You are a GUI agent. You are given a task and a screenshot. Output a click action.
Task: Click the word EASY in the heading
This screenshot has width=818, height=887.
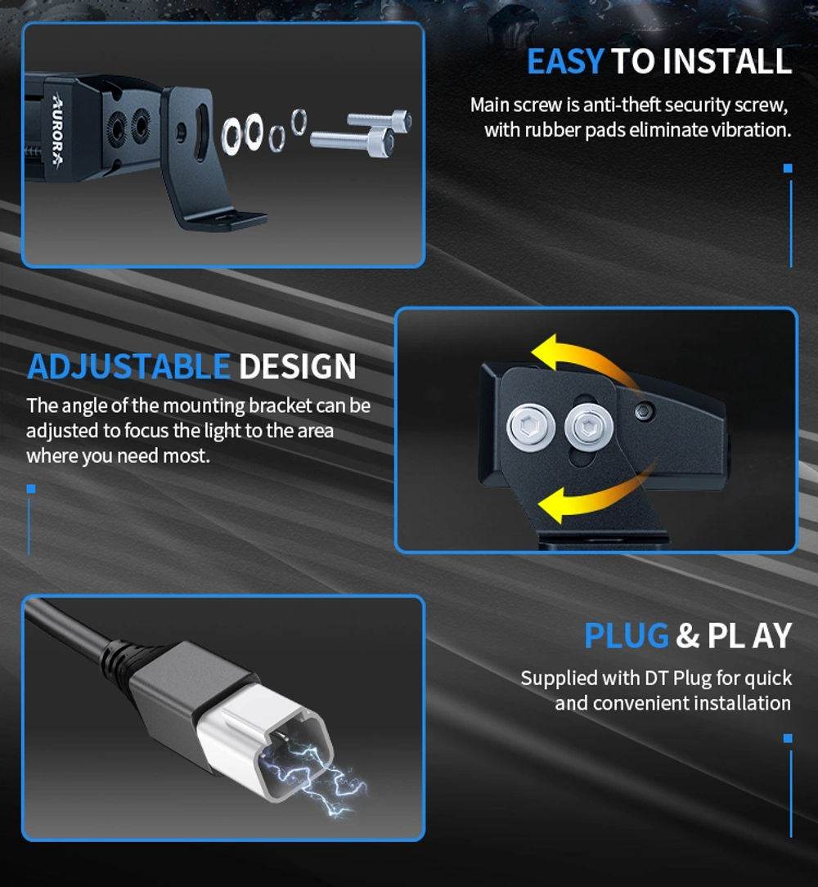click(x=565, y=62)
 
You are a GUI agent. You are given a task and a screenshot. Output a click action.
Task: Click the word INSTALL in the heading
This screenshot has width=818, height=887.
click(x=727, y=62)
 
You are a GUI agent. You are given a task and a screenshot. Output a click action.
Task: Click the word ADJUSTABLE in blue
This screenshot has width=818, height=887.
click(x=128, y=367)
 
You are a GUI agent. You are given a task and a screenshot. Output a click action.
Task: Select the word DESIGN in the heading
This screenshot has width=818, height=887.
click(x=298, y=367)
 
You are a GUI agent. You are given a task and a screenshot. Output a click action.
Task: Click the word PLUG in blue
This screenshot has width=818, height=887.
click(x=627, y=636)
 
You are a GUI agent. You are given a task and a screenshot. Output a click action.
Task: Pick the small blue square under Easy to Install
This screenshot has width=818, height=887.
click(x=788, y=168)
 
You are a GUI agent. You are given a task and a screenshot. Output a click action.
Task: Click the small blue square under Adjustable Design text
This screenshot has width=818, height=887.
click(x=30, y=489)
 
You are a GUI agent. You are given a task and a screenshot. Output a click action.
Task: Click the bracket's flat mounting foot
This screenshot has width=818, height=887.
click(x=221, y=218)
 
